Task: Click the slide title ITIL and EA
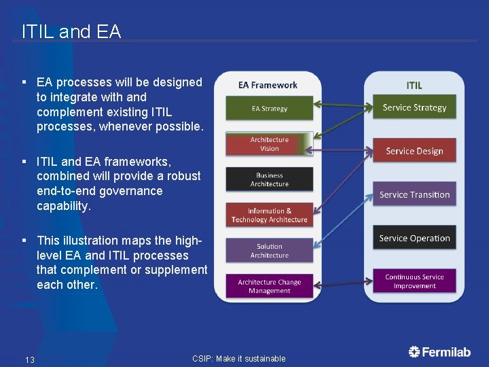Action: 71,31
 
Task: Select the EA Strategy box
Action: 269,109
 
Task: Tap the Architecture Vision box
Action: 269,144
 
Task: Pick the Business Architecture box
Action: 269,179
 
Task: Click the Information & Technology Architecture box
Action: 269,215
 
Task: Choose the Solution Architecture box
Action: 269,251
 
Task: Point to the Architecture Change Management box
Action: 269,286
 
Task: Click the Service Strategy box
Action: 414,107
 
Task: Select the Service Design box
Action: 414,151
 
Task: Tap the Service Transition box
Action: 414,194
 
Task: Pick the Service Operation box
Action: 414,238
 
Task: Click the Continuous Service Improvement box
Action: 414,281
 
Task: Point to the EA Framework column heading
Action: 268,85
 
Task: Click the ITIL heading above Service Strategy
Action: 414,85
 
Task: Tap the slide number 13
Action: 30,360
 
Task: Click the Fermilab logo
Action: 439,351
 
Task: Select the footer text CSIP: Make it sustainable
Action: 239,359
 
